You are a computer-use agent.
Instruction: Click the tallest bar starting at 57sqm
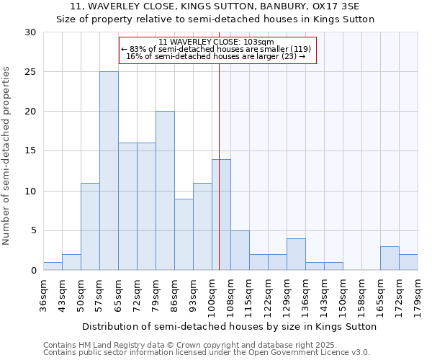coord(109,171)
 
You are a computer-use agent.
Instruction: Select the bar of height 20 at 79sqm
coord(165,191)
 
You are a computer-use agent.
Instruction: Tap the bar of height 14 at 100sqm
coord(221,215)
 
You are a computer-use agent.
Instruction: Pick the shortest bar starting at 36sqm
coord(53,266)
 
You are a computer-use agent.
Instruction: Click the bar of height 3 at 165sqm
coord(390,258)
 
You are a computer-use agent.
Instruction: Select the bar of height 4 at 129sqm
coord(296,254)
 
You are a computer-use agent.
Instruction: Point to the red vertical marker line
coord(219,166)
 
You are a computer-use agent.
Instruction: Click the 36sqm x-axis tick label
coord(44,294)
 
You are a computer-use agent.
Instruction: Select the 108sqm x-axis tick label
coord(231,294)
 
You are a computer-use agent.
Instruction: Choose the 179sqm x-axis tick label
coord(418,294)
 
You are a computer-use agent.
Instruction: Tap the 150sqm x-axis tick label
coord(343,294)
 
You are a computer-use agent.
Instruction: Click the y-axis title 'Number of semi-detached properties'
coord(7,156)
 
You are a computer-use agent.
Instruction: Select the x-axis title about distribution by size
coord(230,326)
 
